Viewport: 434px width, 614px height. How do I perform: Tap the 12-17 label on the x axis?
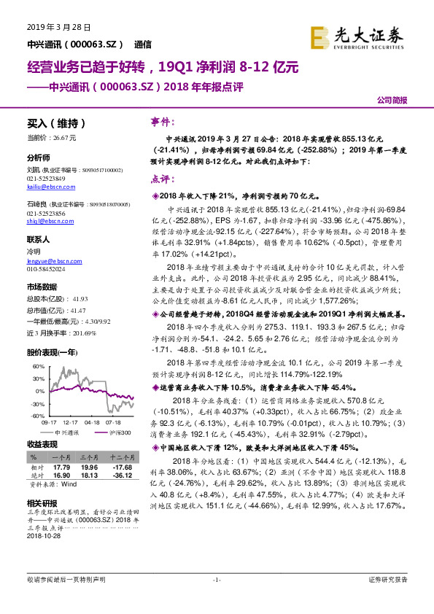71,421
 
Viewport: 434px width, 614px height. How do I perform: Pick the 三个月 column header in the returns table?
88,456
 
